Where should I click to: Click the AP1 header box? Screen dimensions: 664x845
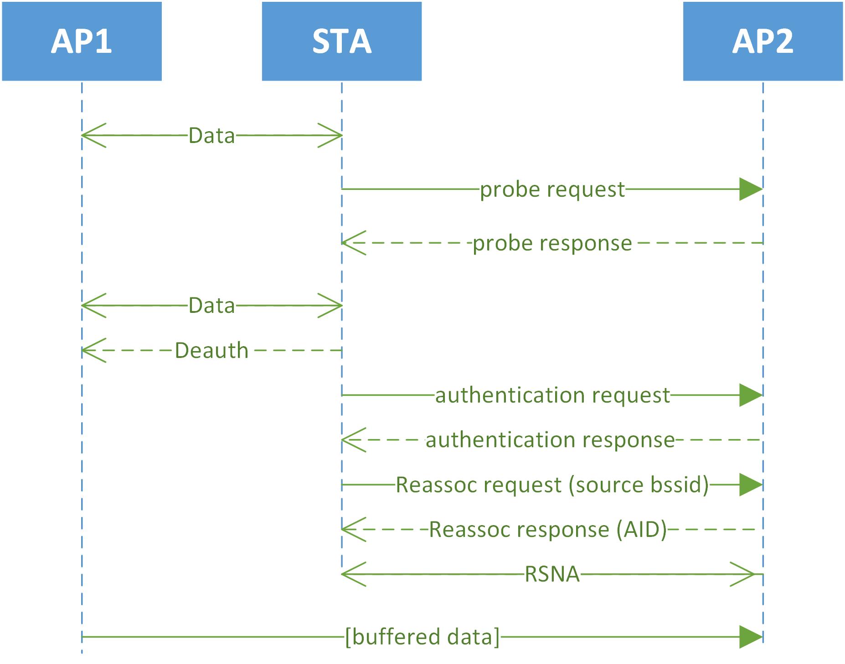pyautogui.click(x=82, y=41)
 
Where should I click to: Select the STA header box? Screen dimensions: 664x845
pyautogui.click(x=341, y=41)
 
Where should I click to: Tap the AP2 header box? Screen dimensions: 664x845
pyautogui.click(x=763, y=41)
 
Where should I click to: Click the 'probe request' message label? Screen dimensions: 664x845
pyautogui.click(x=552, y=189)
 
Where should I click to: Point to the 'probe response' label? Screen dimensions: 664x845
pyautogui.click(x=552, y=243)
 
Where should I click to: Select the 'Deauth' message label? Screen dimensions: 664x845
pyautogui.click(x=212, y=351)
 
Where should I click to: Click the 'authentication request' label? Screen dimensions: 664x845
pyautogui.click(x=552, y=395)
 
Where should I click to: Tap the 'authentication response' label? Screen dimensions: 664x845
pyautogui.click(x=550, y=440)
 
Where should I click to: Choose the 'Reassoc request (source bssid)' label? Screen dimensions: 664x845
pyautogui.click(x=552, y=485)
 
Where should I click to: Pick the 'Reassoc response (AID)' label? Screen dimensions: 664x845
pyautogui.click(x=548, y=530)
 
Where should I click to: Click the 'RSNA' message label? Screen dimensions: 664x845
pyautogui.click(x=552, y=574)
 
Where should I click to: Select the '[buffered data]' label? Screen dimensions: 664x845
pyautogui.click(x=422, y=637)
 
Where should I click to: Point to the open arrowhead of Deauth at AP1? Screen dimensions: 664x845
pyautogui.click(x=93, y=351)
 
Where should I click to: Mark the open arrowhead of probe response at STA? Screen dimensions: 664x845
pyautogui.click(x=353, y=243)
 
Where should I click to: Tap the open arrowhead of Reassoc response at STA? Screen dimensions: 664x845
pyautogui.click(x=353, y=530)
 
